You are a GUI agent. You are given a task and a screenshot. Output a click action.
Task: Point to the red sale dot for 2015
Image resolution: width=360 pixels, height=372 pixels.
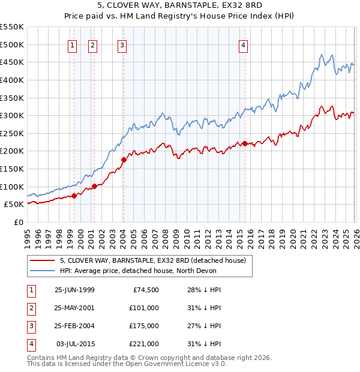coord(245,143)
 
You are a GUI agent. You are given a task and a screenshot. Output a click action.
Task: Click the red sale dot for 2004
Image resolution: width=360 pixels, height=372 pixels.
coord(124,160)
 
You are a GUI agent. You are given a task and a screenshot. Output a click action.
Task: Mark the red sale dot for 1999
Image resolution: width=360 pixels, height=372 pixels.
coord(74,195)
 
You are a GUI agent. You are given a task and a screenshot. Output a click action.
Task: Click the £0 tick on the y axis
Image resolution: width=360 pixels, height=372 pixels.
coord(17,222)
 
